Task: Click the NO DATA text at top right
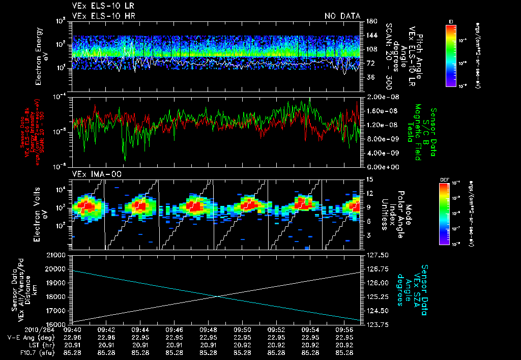click(x=342, y=16)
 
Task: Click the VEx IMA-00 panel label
click(x=91, y=174)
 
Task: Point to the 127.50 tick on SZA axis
click(x=377, y=254)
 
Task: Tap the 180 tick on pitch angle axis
click(x=370, y=21)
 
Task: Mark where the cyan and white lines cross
click(x=218, y=297)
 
